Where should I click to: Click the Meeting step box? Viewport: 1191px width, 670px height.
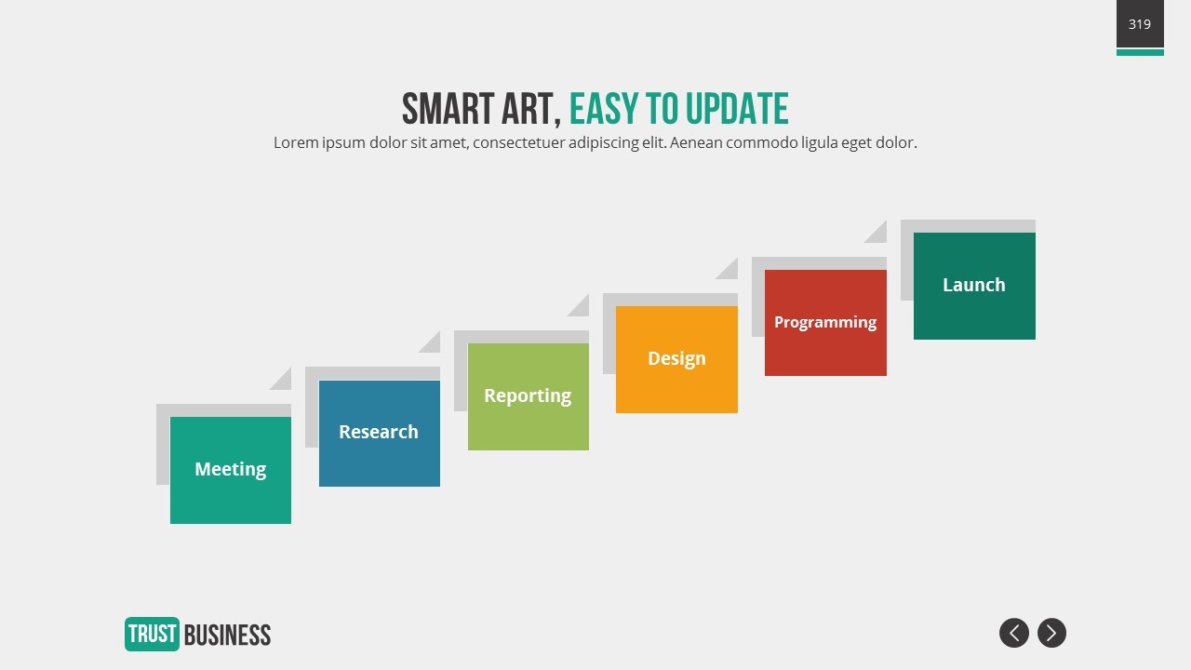[230, 470]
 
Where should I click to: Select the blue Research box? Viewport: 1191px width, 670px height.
[379, 434]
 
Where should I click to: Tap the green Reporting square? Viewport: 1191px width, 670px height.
[528, 396]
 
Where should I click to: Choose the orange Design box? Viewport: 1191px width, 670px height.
[676, 359]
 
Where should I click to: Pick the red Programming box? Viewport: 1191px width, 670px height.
[825, 323]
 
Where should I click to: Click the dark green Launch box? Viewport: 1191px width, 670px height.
[974, 286]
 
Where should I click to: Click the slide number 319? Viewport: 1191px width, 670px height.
[1140, 24]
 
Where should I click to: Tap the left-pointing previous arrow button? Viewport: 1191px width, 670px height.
[1014, 633]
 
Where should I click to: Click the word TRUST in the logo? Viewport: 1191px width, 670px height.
[152, 635]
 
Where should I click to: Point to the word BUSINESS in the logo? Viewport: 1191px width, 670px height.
[228, 635]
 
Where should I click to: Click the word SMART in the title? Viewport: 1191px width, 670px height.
[448, 109]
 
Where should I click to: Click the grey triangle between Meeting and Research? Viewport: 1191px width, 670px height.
[284, 382]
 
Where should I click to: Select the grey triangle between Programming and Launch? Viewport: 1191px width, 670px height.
[879, 234]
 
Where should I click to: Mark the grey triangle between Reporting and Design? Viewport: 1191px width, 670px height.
[582, 308]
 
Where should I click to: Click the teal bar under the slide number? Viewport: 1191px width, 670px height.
[1140, 52]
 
